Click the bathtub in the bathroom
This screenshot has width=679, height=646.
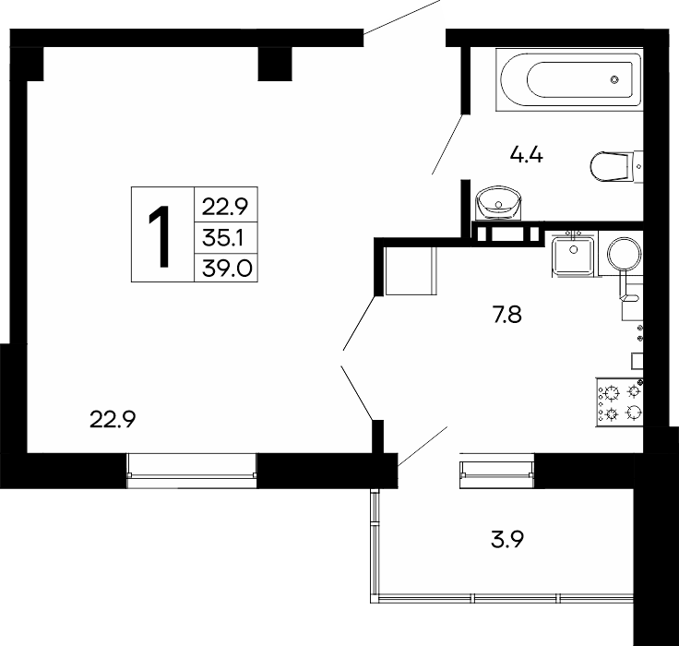point(569,79)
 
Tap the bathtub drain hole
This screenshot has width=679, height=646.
point(614,79)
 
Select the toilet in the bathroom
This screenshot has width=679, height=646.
point(616,166)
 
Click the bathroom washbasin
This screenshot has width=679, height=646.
point(498,204)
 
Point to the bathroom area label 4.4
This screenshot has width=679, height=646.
point(526,155)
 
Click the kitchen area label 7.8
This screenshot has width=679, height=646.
point(506,315)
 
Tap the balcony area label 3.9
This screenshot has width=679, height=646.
point(507,540)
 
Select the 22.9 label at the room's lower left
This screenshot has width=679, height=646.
point(113,419)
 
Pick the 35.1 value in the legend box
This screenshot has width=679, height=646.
point(223,238)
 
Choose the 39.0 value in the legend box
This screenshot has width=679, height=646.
point(227,269)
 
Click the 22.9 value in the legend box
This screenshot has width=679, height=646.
point(225,207)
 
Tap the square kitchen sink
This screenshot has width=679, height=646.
point(574,254)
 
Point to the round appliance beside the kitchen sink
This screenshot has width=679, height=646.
point(624,254)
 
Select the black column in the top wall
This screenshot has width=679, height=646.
point(275,64)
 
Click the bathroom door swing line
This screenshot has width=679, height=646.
point(447,144)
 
